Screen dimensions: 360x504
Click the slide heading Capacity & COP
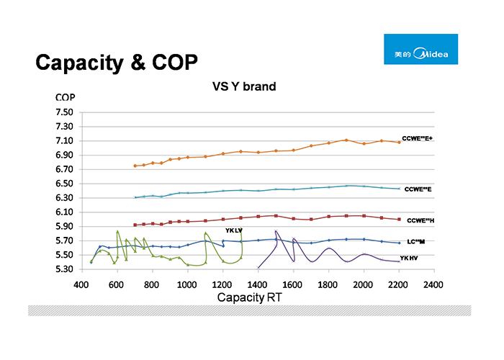pyautogui.click(x=116, y=63)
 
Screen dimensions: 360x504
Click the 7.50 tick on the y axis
pyautogui.click(x=64, y=112)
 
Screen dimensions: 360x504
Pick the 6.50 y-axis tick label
pyautogui.click(x=64, y=184)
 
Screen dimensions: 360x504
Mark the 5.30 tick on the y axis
pyautogui.click(x=64, y=269)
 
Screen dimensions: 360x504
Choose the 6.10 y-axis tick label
pyautogui.click(x=64, y=212)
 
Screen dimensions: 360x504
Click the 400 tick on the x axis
pyautogui.click(x=81, y=284)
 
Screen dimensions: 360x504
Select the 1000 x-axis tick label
pyautogui.click(x=187, y=284)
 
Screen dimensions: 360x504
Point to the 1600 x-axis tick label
pyautogui.click(x=293, y=284)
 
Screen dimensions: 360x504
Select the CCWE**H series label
pyautogui.click(x=420, y=220)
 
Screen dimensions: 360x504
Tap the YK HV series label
pyautogui.click(x=410, y=258)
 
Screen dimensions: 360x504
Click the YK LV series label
pyautogui.click(x=234, y=230)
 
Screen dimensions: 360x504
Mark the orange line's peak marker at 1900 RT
pyautogui.click(x=346, y=140)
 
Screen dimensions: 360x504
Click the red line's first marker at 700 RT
pyautogui.click(x=135, y=225)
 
